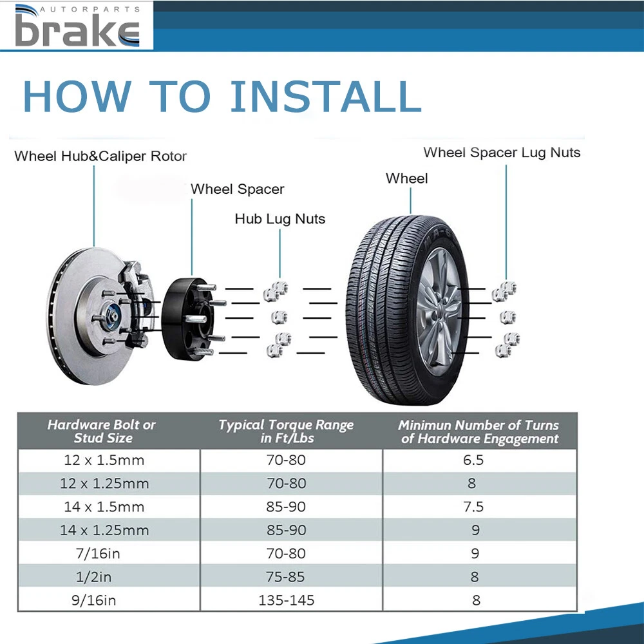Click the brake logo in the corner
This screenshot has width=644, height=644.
[77, 26]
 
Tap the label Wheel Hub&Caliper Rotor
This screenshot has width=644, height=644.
[100, 156]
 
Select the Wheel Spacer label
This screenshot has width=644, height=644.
[237, 189]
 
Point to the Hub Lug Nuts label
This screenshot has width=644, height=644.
[279, 219]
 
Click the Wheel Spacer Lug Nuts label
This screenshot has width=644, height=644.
[502, 153]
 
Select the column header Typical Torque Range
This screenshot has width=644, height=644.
[287, 431]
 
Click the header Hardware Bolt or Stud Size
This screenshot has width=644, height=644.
[102, 431]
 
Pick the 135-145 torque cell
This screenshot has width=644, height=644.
[287, 600]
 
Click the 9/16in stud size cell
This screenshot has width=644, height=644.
[93, 600]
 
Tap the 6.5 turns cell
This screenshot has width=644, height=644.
[473, 460]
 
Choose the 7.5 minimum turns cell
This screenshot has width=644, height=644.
[473, 507]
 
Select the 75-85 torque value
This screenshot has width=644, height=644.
[285, 577]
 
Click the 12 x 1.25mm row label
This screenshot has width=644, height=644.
[104, 484]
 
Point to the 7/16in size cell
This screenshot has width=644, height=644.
[98, 554]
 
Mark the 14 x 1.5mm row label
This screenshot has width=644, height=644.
[104, 507]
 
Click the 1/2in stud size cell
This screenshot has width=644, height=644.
[93, 577]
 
